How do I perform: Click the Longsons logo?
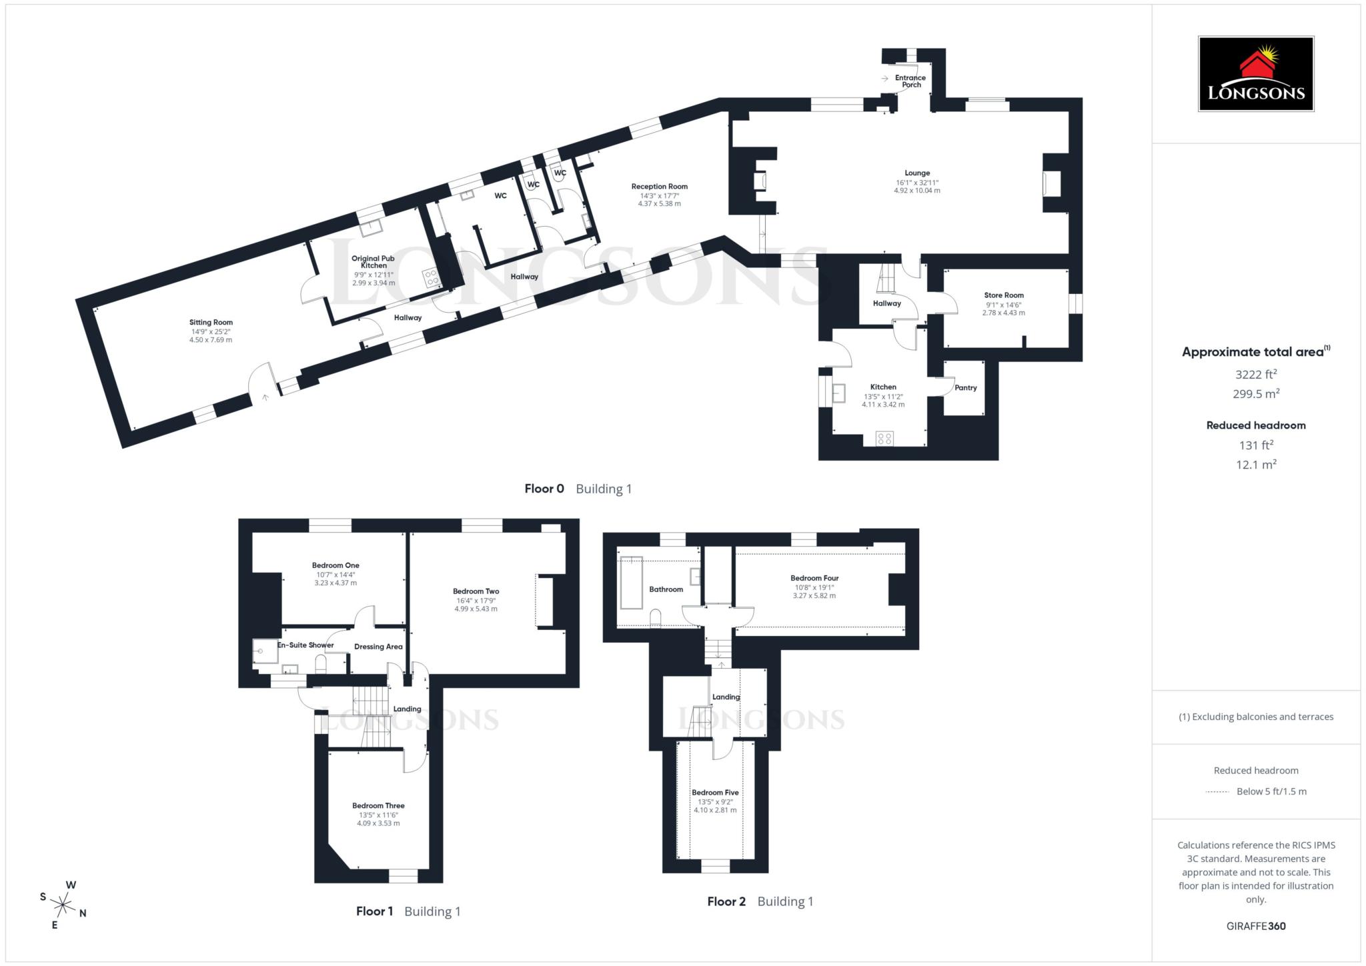tap(1255, 74)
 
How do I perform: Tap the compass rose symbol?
tap(63, 905)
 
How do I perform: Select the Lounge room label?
tap(917, 173)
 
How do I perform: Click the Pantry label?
tap(965, 387)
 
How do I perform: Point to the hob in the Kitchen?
tap(884, 438)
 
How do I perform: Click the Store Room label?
tap(1003, 295)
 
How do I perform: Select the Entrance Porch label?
tap(910, 81)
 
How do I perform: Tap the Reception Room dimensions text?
tap(659, 199)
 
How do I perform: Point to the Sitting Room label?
tap(211, 322)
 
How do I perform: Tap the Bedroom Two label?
tap(476, 591)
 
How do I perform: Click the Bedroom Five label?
tap(715, 792)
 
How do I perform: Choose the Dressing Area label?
tap(378, 646)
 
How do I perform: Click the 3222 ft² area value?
tap(1255, 374)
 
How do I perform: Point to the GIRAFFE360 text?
tap(1255, 925)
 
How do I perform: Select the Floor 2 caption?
tap(726, 901)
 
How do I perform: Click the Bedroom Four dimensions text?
tap(814, 591)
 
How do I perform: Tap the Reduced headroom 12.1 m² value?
tap(1255, 464)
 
